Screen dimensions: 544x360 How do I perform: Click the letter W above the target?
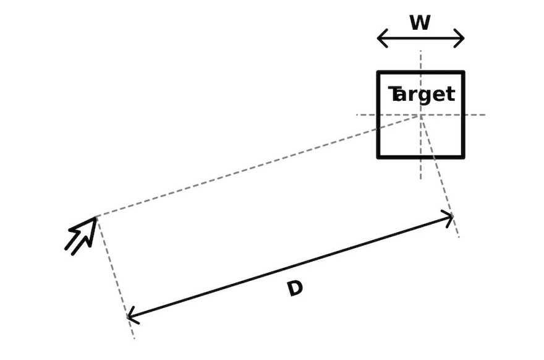click(x=420, y=22)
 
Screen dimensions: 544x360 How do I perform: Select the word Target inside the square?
click(x=421, y=95)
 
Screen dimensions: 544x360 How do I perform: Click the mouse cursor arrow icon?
click(x=81, y=236)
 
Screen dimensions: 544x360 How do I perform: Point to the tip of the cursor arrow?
click(x=96, y=217)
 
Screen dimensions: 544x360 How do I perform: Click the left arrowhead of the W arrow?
click(x=382, y=38)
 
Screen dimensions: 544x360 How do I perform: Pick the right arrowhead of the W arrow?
click(x=459, y=38)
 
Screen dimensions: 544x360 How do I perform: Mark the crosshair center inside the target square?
click(x=421, y=115)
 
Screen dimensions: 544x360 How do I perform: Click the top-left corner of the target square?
click(x=378, y=72)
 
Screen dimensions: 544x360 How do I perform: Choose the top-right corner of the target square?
click(x=464, y=72)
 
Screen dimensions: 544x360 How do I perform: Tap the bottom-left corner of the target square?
click(x=378, y=158)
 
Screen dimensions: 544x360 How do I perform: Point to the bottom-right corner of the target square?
click(x=464, y=158)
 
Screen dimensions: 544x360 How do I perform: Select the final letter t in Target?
click(x=450, y=94)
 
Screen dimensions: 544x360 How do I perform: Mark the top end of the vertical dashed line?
click(x=421, y=51)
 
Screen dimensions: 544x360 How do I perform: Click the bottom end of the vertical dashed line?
click(x=421, y=179)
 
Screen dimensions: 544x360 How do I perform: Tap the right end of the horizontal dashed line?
click(x=485, y=115)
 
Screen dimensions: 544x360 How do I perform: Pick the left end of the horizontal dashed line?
click(x=357, y=115)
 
